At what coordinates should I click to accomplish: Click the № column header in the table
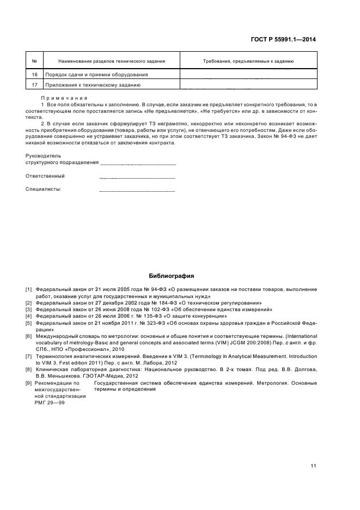pyautogui.click(x=34, y=62)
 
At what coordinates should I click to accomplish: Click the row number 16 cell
pyautogui.click(x=34, y=75)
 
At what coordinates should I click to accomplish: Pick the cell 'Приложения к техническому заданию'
pyautogui.click(x=93, y=85)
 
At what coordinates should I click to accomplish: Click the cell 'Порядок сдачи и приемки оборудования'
pyautogui.click(x=97, y=75)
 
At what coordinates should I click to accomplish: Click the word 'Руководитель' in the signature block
pyautogui.click(x=40, y=155)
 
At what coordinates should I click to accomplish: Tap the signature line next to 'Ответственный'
pyautogui.click(x=137, y=177)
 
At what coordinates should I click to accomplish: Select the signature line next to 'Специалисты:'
pyautogui.click(x=137, y=190)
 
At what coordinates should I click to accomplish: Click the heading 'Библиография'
pyautogui.click(x=172, y=276)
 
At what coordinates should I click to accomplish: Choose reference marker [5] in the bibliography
pyautogui.click(x=28, y=323)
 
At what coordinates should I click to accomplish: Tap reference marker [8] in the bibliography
pyautogui.click(x=28, y=369)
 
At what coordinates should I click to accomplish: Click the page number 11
pyautogui.click(x=313, y=451)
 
